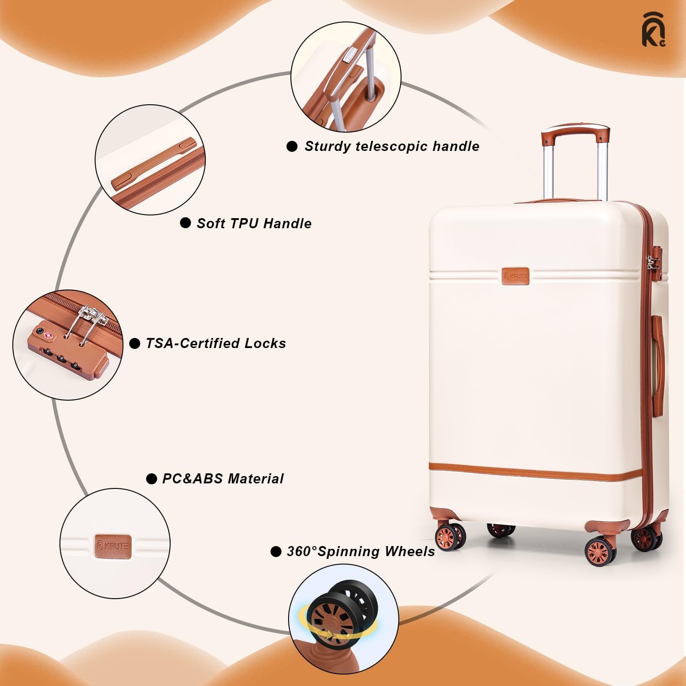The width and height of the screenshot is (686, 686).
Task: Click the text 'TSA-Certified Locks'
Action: pyautogui.click(x=215, y=343)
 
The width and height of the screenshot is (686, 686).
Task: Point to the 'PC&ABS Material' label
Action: pyautogui.click(x=223, y=479)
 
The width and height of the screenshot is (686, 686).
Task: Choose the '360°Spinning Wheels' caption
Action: pyautogui.click(x=360, y=552)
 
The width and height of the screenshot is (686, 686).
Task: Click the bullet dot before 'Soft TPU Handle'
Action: pyautogui.click(x=185, y=223)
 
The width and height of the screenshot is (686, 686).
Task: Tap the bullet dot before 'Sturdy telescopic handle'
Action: pyautogui.click(x=292, y=146)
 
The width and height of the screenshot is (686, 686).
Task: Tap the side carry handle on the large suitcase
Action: pyautogui.click(x=657, y=366)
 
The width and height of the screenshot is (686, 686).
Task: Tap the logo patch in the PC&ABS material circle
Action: pyautogui.click(x=113, y=545)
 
